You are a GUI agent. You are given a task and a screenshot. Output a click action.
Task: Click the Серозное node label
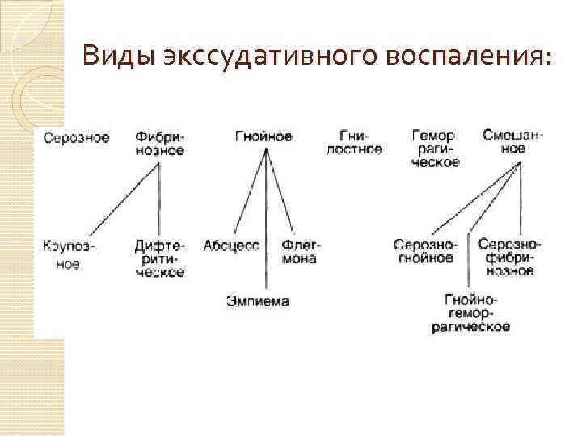click(x=77, y=137)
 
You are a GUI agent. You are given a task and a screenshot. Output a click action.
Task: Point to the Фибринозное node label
click(x=159, y=143)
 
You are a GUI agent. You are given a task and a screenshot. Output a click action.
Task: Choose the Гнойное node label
click(x=264, y=136)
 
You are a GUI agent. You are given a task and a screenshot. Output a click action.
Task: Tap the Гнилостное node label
click(x=354, y=143)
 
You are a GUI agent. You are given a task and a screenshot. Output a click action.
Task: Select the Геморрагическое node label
click(x=436, y=149)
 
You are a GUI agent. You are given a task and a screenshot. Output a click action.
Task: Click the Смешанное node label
click(x=512, y=143)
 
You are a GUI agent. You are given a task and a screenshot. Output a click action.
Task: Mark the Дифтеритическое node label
click(x=159, y=258)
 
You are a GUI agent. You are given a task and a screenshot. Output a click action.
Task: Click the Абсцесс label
click(x=231, y=245)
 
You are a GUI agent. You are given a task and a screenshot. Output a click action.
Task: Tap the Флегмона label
click(x=300, y=252)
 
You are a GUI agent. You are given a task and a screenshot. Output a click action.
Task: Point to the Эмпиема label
click(x=257, y=301)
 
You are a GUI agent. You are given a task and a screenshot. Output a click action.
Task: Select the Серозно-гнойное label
click(x=425, y=251)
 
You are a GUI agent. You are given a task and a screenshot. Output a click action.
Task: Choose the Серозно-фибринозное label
click(x=509, y=258)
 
